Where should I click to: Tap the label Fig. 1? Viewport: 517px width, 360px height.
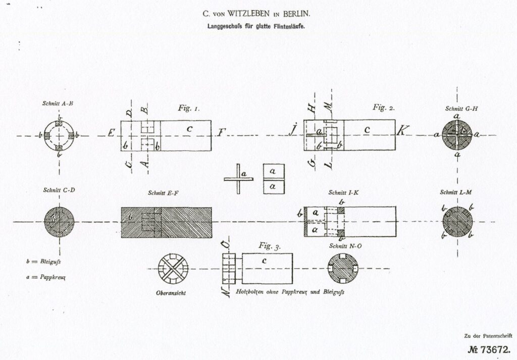189,108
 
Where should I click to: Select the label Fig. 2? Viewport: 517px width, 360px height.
383,107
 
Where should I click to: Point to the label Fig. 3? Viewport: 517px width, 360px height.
270,246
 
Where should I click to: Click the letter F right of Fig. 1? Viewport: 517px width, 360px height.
221,134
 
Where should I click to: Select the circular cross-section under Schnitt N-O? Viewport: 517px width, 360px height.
343,268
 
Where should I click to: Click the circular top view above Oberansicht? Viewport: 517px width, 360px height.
173,268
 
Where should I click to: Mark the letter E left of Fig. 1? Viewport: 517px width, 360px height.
111,135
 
